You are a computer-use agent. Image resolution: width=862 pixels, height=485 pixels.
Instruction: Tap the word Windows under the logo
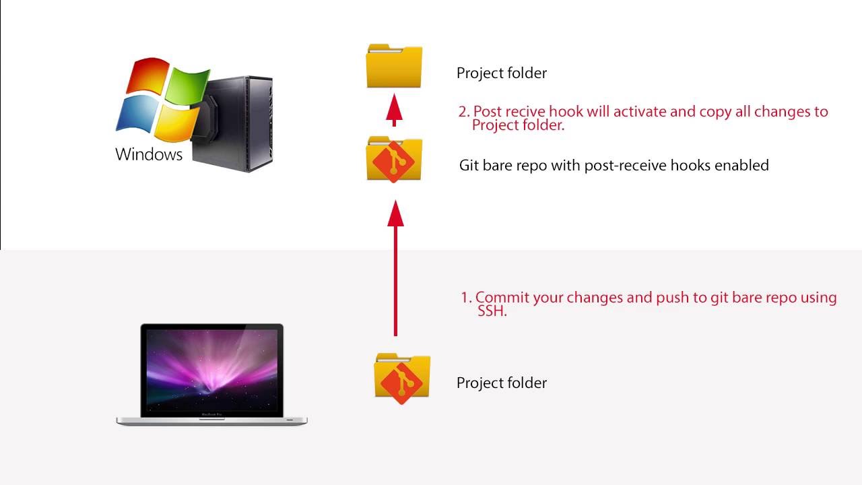(x=149, y=154)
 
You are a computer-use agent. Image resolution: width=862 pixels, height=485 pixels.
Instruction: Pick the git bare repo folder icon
(x=394, y=160)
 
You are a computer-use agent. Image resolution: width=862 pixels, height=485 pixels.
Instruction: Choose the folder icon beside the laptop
(x=402, y=378)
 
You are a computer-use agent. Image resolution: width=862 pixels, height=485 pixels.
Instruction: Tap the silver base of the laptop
(x=211, y=420)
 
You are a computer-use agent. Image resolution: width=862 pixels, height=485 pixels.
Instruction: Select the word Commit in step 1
(x=502, y=297)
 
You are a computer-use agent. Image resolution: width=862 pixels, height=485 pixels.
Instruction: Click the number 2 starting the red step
(x=463, y=112)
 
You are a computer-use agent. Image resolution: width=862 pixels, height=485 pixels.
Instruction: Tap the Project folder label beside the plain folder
(x=501, y=73)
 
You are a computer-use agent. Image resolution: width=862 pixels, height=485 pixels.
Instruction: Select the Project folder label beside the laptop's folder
(x=501, y=383)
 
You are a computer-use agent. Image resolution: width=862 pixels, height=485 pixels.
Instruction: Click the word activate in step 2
(x=639, y=112)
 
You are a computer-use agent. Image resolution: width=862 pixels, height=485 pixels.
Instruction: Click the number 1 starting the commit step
(x=465, y=298)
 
